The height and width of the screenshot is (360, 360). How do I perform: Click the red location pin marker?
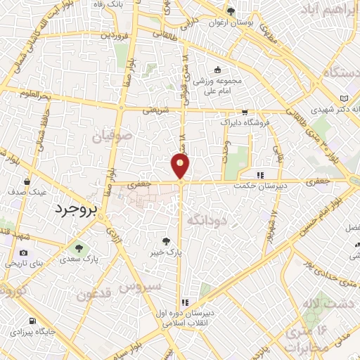click(x=181, y=166)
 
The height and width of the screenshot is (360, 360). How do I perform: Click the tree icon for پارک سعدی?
click(x=78, y=247)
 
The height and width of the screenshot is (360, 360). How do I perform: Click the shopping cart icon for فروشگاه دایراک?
click(x=245, y=112)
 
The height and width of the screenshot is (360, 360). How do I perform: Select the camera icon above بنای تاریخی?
click(x=24, y=252)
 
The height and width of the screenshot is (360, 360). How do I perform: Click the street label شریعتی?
click(x=157, y=110)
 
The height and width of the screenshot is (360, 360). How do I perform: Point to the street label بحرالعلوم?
click(x=33, y=95)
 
